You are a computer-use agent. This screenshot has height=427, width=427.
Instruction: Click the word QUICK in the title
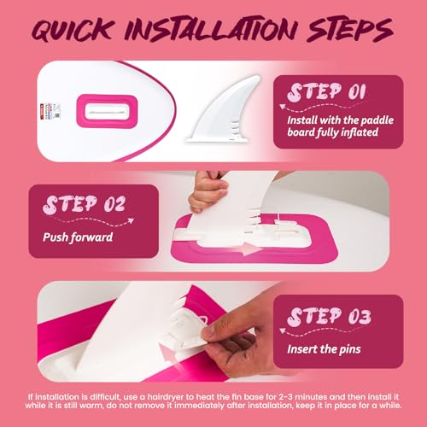click(x=73, y=30)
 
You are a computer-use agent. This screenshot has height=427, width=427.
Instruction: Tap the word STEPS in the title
click(x=350, y=30)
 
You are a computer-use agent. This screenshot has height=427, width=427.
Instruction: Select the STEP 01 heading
click(x=326, y=92)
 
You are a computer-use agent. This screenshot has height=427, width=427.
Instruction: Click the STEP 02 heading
click(x=85, y=204)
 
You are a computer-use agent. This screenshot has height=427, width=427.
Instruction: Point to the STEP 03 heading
click(x=329, y=317)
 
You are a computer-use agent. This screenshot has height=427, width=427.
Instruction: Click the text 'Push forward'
click(x=78, y=237)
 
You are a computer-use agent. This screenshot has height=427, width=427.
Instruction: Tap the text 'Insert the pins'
click(x=324, y=349)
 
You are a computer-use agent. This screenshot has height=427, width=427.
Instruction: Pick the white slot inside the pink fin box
click(x=107, y=112)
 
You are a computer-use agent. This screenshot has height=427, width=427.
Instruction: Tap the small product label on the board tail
click(x=50, y=111)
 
